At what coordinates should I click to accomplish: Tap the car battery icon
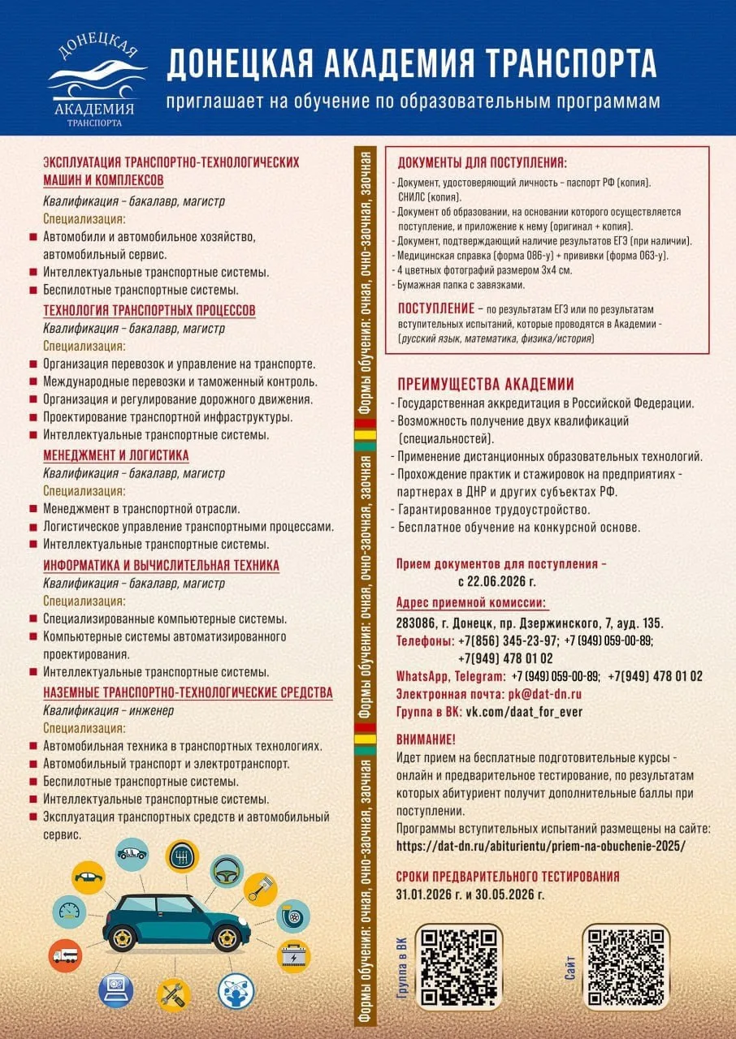[293, 954]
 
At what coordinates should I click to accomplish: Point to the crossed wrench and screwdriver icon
[173, 994]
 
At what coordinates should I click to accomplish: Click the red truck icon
[65, 955]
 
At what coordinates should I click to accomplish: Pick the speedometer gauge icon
[69, 910]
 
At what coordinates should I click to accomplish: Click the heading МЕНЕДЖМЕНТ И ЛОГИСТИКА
[115, 455]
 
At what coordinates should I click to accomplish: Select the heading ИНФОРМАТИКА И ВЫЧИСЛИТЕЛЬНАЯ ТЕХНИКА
[161, 565]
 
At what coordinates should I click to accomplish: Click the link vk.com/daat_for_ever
[523, 712]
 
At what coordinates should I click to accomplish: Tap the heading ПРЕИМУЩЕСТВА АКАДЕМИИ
[486, 384]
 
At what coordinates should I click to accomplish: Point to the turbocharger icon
[293, 916]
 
